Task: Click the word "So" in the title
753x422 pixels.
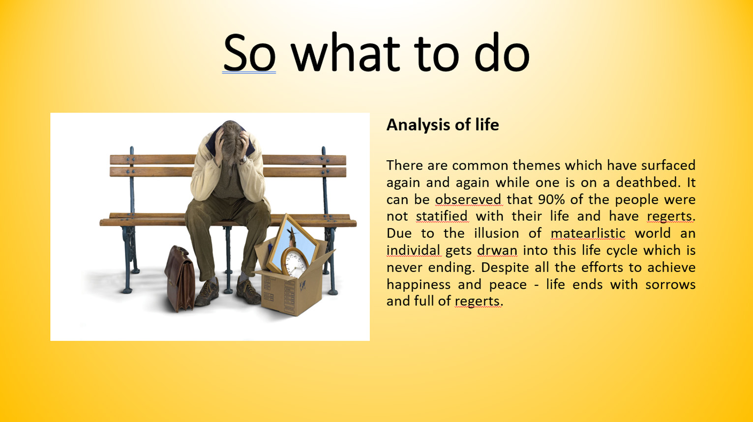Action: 249,53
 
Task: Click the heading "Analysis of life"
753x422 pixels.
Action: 443,125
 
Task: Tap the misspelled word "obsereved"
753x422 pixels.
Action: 468,200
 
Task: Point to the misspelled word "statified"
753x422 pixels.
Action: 442,216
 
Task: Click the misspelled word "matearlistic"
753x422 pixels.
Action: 588,233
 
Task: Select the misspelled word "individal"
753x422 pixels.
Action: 414,250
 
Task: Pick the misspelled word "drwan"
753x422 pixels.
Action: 497,250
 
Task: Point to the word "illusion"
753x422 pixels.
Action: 497,233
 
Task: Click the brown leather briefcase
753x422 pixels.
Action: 180,278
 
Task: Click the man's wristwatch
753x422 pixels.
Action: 244,159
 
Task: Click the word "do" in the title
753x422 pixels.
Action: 502,53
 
